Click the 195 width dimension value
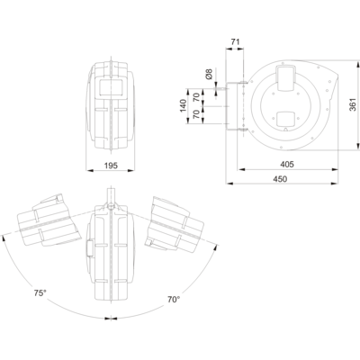click(x=111, y=166)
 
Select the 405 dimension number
click(x=287, y=165)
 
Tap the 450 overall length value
click(x=280, y=179)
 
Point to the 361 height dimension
click(x=353, y=104)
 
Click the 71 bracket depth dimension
click(x=236, y=42)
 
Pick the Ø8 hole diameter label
click(x=209, y=74)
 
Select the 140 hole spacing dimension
click(x=183, y=106)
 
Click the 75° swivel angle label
click(x=40, y=293)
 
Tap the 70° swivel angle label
click(x=174, y=300)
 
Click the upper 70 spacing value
click(x=196, y=97)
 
